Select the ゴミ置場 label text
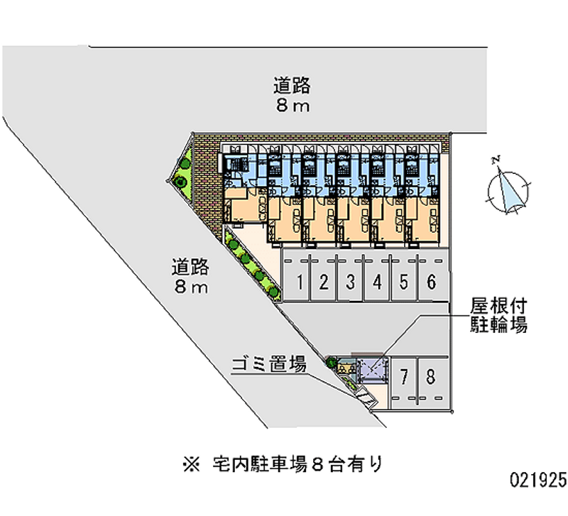[269, 366]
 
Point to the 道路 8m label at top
[292, 96]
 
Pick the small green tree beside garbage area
[331, 364]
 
